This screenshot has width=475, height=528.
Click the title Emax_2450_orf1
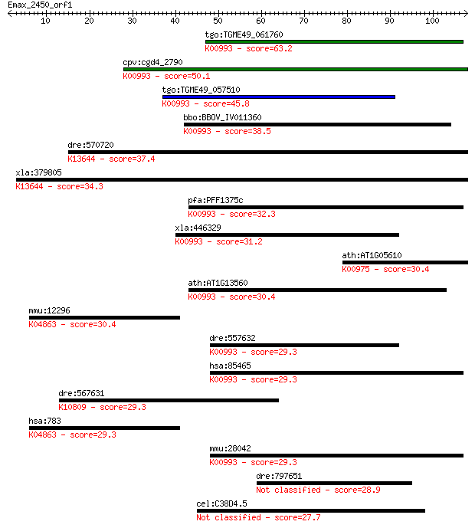pos(40,5)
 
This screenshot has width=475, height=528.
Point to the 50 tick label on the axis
pos(218,21)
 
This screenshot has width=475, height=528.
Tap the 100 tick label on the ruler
pos(432,21)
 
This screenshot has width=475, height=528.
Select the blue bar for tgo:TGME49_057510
pos(279,97)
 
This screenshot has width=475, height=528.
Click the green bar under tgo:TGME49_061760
pos(334,41)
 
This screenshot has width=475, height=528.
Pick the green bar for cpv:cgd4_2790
pos(296,70)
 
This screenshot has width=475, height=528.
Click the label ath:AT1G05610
pos(372,255)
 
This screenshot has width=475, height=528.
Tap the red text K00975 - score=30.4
pos(385,269)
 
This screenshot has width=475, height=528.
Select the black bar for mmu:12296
pos(104,317)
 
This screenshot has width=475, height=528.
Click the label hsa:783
pos(44,421)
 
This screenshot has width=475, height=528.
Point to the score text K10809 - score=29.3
pos(103,407)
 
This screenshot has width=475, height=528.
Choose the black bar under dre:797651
pos(334,484)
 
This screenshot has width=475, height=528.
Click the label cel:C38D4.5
pos(222,503)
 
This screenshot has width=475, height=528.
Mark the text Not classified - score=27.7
pos(258,517)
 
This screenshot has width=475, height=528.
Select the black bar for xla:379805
pos(241,180)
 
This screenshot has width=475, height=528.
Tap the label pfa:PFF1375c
pos(215,200)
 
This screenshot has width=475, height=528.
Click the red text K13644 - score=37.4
pos(111,159)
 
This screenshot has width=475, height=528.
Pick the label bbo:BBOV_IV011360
pos(222,117)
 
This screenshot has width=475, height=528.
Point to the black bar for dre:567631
pos(169,400)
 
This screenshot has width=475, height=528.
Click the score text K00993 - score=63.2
pos(248,48)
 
